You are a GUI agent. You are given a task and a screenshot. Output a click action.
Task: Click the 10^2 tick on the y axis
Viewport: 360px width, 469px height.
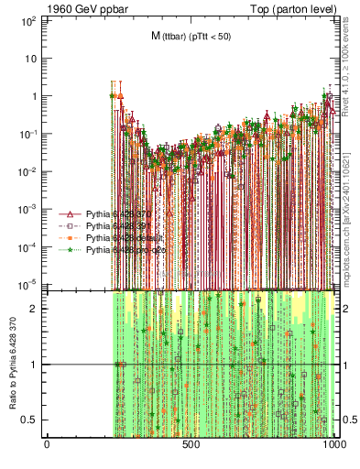[x=29, y=19]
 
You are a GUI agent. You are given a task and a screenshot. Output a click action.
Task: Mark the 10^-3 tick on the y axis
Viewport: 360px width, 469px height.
[x=29, y=210]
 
